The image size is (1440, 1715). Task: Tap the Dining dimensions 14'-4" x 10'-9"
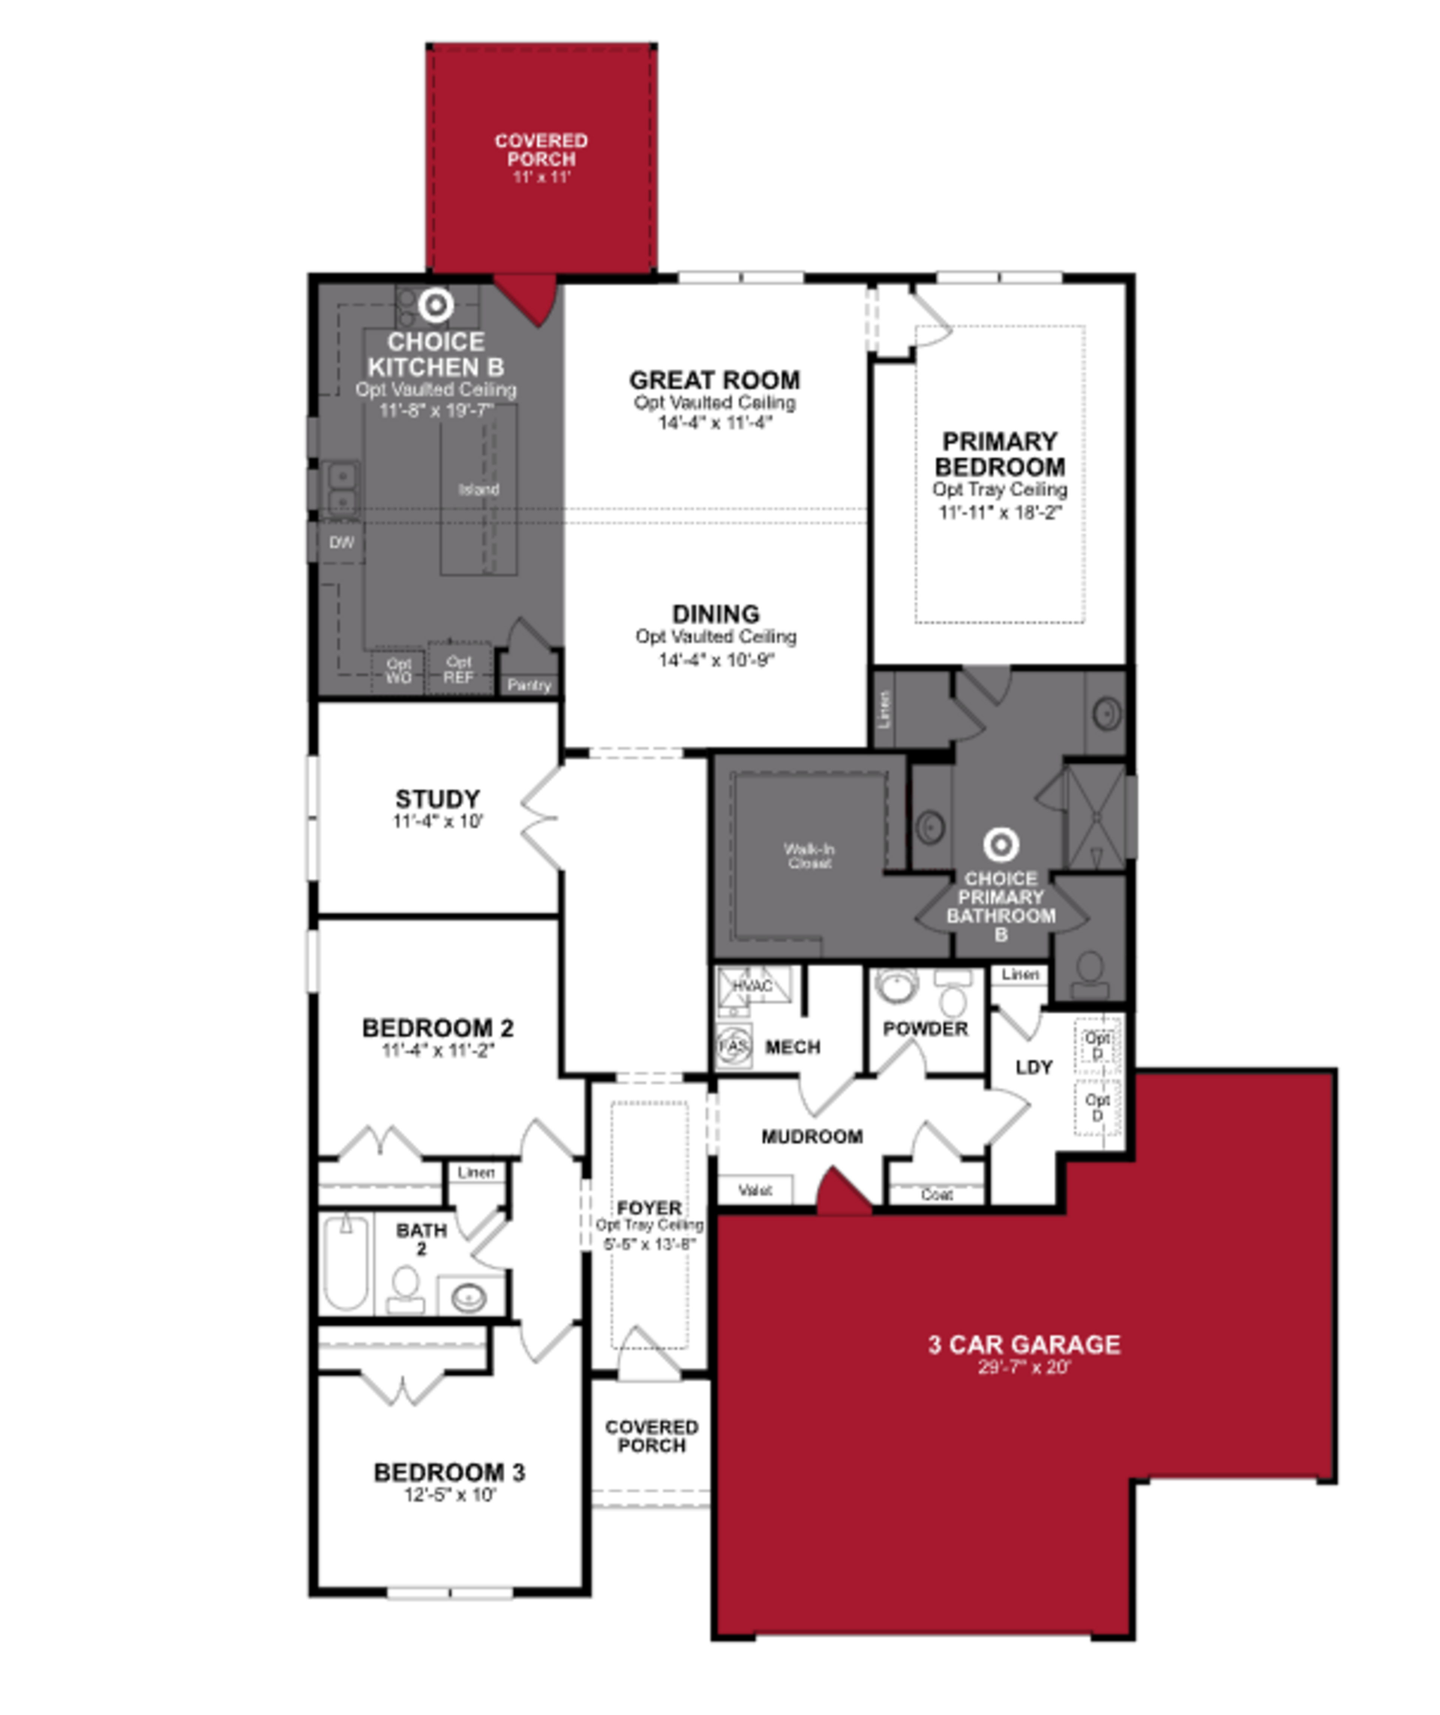pyautogui.click(x=715, y=660)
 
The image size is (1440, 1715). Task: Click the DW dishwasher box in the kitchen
pyautogui.click(x=341, y=542)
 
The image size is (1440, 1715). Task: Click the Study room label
pyautogui.click(x=438, y=799)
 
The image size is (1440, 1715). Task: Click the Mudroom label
pyautogui.click(x=812, y=1137)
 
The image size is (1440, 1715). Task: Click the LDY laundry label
pyautogui.click(x=1033, y=1067)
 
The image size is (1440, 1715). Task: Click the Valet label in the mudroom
pyautogui.click(x=755, y=1191)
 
